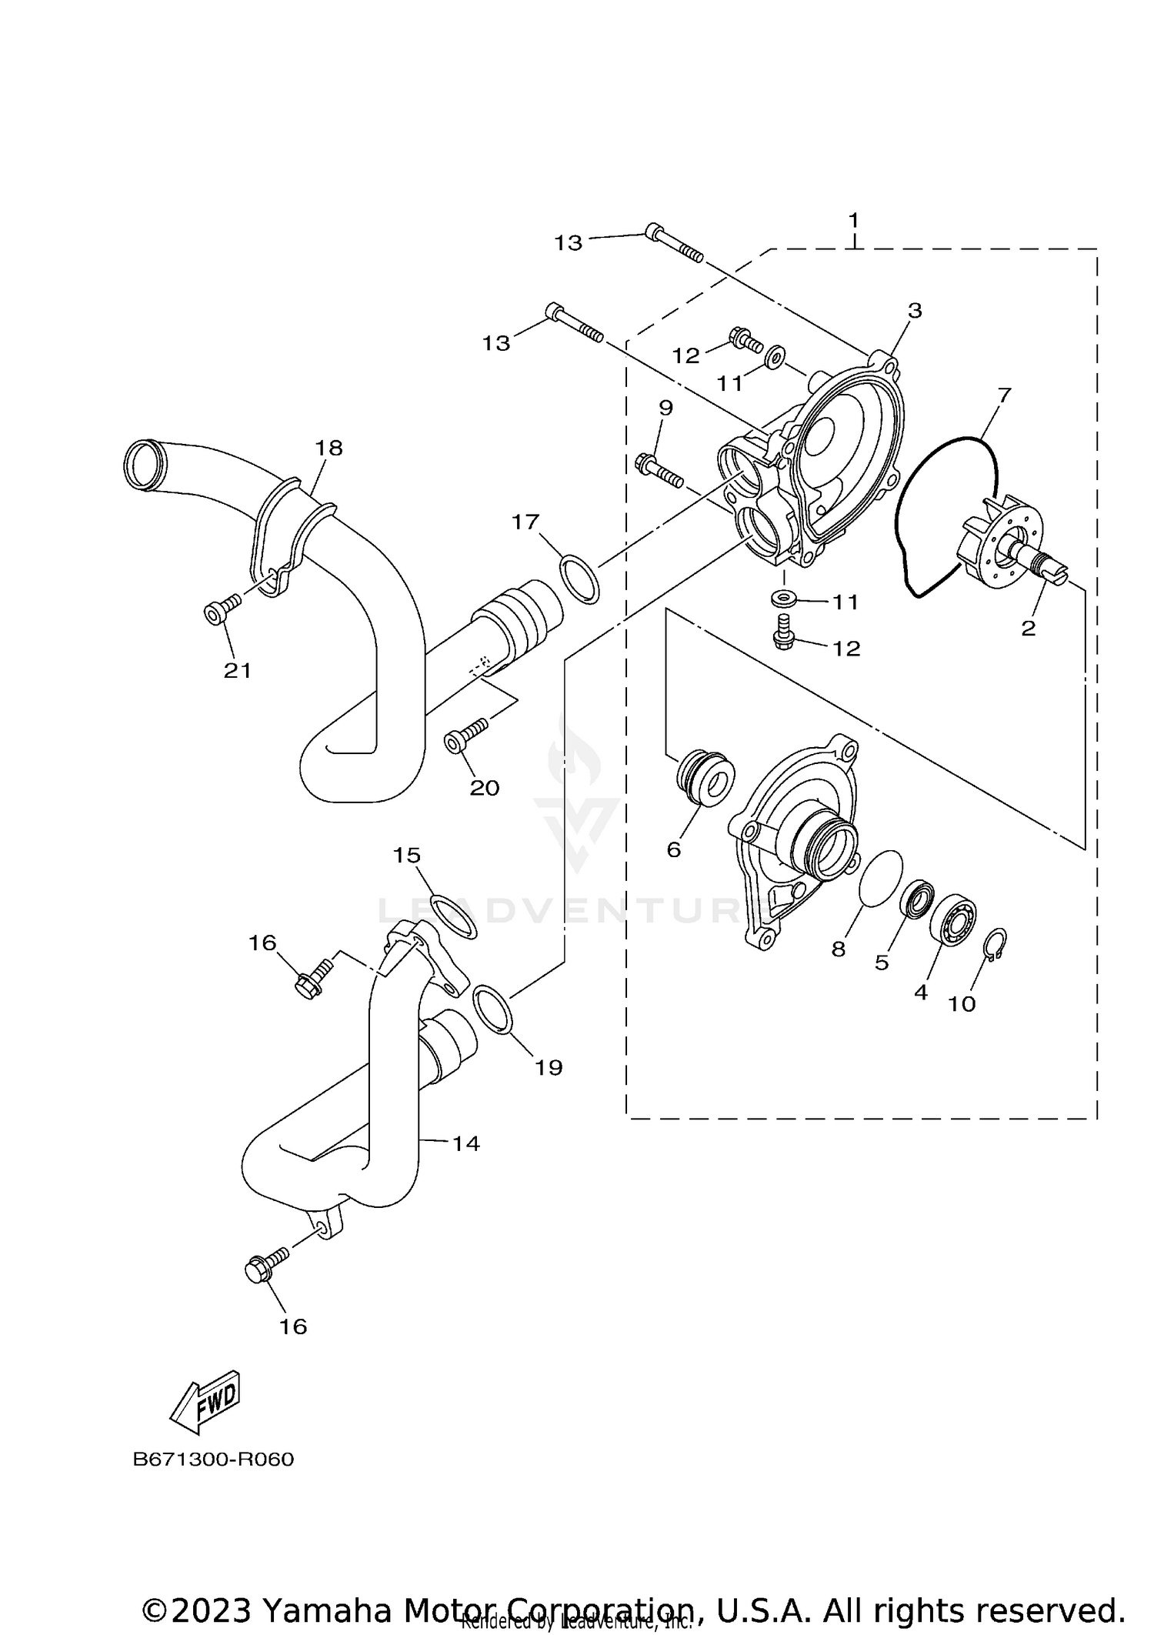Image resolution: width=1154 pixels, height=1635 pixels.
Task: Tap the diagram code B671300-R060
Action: point(213,1460)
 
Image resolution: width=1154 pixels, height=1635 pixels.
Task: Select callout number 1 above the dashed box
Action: point(853,221)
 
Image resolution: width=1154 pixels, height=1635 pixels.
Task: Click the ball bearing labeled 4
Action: point(953,919)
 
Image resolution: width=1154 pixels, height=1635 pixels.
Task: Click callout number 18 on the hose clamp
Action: point(329,448)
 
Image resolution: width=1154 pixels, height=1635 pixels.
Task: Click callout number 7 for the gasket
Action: point(1004,395)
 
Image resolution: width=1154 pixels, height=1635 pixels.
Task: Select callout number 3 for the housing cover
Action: point(914,311)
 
